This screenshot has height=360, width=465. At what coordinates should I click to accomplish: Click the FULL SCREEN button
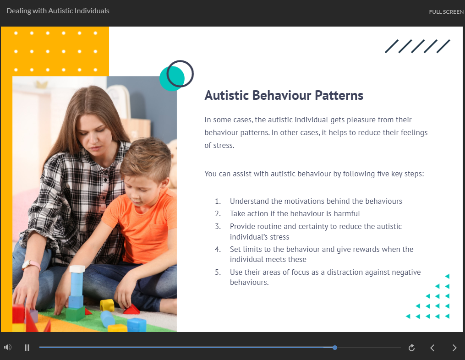coord(446,12)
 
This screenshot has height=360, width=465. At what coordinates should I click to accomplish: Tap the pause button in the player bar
coord(27,348)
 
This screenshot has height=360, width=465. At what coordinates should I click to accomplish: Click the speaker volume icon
coord(8,347)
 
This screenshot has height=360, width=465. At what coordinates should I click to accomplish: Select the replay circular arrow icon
coord(411,348)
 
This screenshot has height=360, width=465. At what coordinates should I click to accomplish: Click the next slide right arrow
coord(454,348)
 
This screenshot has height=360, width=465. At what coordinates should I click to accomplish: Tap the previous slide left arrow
coord(432,348)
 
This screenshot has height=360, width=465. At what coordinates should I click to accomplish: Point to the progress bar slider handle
coord(335,348)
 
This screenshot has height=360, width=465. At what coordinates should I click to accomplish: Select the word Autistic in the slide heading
coord(227,95)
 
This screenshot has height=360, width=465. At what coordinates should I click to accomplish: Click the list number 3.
coord(218,227)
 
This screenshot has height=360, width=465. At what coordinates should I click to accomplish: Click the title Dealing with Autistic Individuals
coord(58,11)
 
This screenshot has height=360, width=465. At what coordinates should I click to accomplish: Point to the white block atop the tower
coord(77,269)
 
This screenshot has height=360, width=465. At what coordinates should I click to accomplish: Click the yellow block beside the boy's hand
coord(107,305)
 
